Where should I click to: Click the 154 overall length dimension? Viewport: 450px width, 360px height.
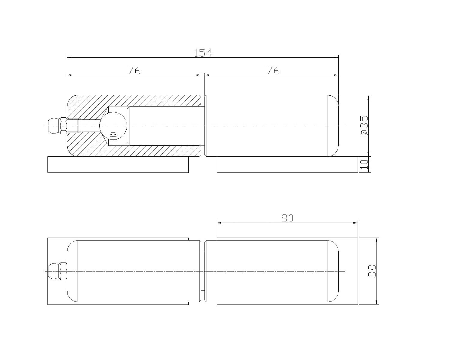pyautogui.click(x=203, y=53)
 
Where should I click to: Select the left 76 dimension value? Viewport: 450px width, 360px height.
pyautogui.click(x=134, y=71)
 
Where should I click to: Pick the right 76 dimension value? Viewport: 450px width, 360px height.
pyautogui.click(x=273, y=71)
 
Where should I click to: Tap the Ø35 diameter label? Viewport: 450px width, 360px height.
pyautogui.click(x=364, y=125)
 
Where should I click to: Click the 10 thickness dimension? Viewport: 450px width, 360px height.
pyautogui.click(x=364, y=165)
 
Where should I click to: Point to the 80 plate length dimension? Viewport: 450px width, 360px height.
pyautogui.click(x=287, y=218)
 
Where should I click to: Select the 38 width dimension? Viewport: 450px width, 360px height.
pyautogui.click(x=372, y=271)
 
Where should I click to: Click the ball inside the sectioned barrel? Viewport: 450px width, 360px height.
pyautogui.click(x=113, y=125)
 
